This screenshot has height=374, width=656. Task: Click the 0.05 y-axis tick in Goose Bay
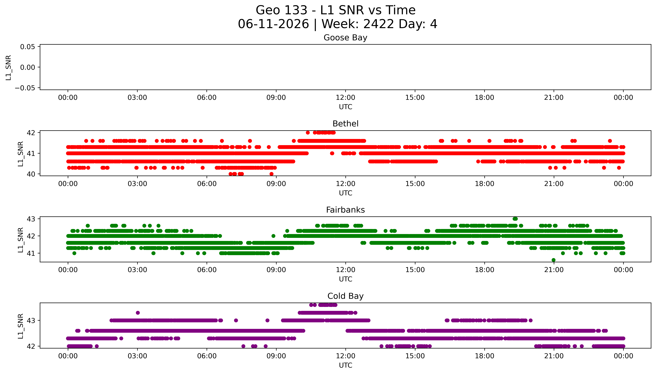click(28, 47)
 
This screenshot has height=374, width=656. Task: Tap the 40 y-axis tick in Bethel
click(31, 174)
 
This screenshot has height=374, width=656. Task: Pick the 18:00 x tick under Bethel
click(484, 184)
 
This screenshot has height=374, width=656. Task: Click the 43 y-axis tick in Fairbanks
click(31, 219)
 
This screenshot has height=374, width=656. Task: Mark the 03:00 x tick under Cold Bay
click(137, 356)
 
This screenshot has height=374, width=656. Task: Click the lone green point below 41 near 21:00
click(553, 260)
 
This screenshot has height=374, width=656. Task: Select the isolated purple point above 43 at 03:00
click(138, 313)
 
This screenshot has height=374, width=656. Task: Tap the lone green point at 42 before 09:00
click(273, 236)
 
